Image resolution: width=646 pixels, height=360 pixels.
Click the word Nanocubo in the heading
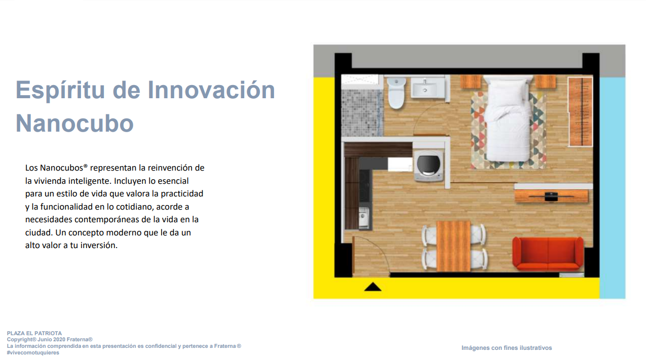click(x=74, y=123)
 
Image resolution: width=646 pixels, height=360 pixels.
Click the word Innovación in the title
click(x=211, y=90)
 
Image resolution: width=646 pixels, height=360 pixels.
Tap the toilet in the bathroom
click(x=396, y=93)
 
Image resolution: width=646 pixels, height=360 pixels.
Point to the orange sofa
click(x=547, y=253)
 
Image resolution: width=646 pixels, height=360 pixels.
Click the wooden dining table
click(x=453, y=246)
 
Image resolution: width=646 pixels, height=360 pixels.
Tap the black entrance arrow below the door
click(x=372, y=287)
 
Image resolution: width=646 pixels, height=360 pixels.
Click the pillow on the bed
click(x=508, y=89)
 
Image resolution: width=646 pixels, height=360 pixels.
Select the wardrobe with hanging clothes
click(x=580, y=112)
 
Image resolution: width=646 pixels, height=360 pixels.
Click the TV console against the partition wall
click(x=551, y=196)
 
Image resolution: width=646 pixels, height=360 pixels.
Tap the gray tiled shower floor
click(x=362, y=112)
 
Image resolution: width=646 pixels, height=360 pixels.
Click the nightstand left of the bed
click(x=470, y=82)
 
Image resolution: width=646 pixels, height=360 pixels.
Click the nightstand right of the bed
click(x=545, y=82)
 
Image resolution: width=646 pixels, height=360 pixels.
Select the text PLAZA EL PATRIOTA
click(x=34, y=333)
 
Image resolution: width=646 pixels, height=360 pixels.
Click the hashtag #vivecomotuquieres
click(x=33, y=352)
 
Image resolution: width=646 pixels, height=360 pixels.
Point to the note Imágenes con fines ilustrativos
click(x=507, y=348)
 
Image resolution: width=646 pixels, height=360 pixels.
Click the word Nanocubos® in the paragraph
click(x=64, y=168)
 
